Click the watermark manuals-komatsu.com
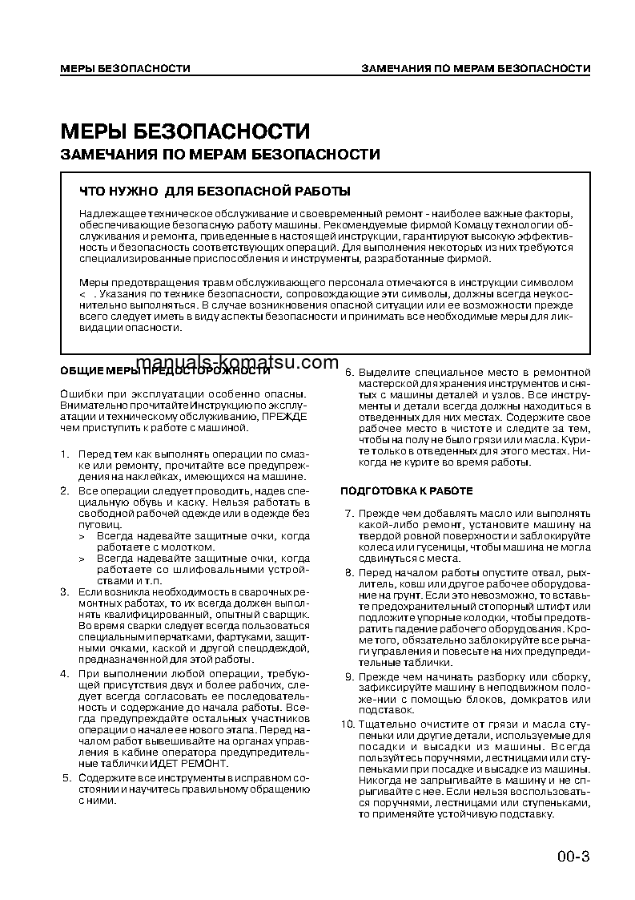tap(238, 362)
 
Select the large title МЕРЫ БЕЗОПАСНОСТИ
tap(185, 131)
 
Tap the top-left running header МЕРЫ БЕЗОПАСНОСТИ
tap(124, 69)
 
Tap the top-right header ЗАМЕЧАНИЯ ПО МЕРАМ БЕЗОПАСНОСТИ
tap(476, 69)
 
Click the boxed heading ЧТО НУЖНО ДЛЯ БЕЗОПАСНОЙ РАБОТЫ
tap(215, 192)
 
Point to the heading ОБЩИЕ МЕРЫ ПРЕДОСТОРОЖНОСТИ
tap(165, 371)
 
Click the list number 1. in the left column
tap(65, 454)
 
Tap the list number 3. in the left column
tap(65, 591)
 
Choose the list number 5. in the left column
tap(65, 778)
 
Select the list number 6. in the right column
tap(348, 373)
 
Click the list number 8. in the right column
tap(348, 572)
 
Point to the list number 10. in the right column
tap(346, 724)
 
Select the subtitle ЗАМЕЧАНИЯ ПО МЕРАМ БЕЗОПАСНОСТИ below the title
tap(220, 155)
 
